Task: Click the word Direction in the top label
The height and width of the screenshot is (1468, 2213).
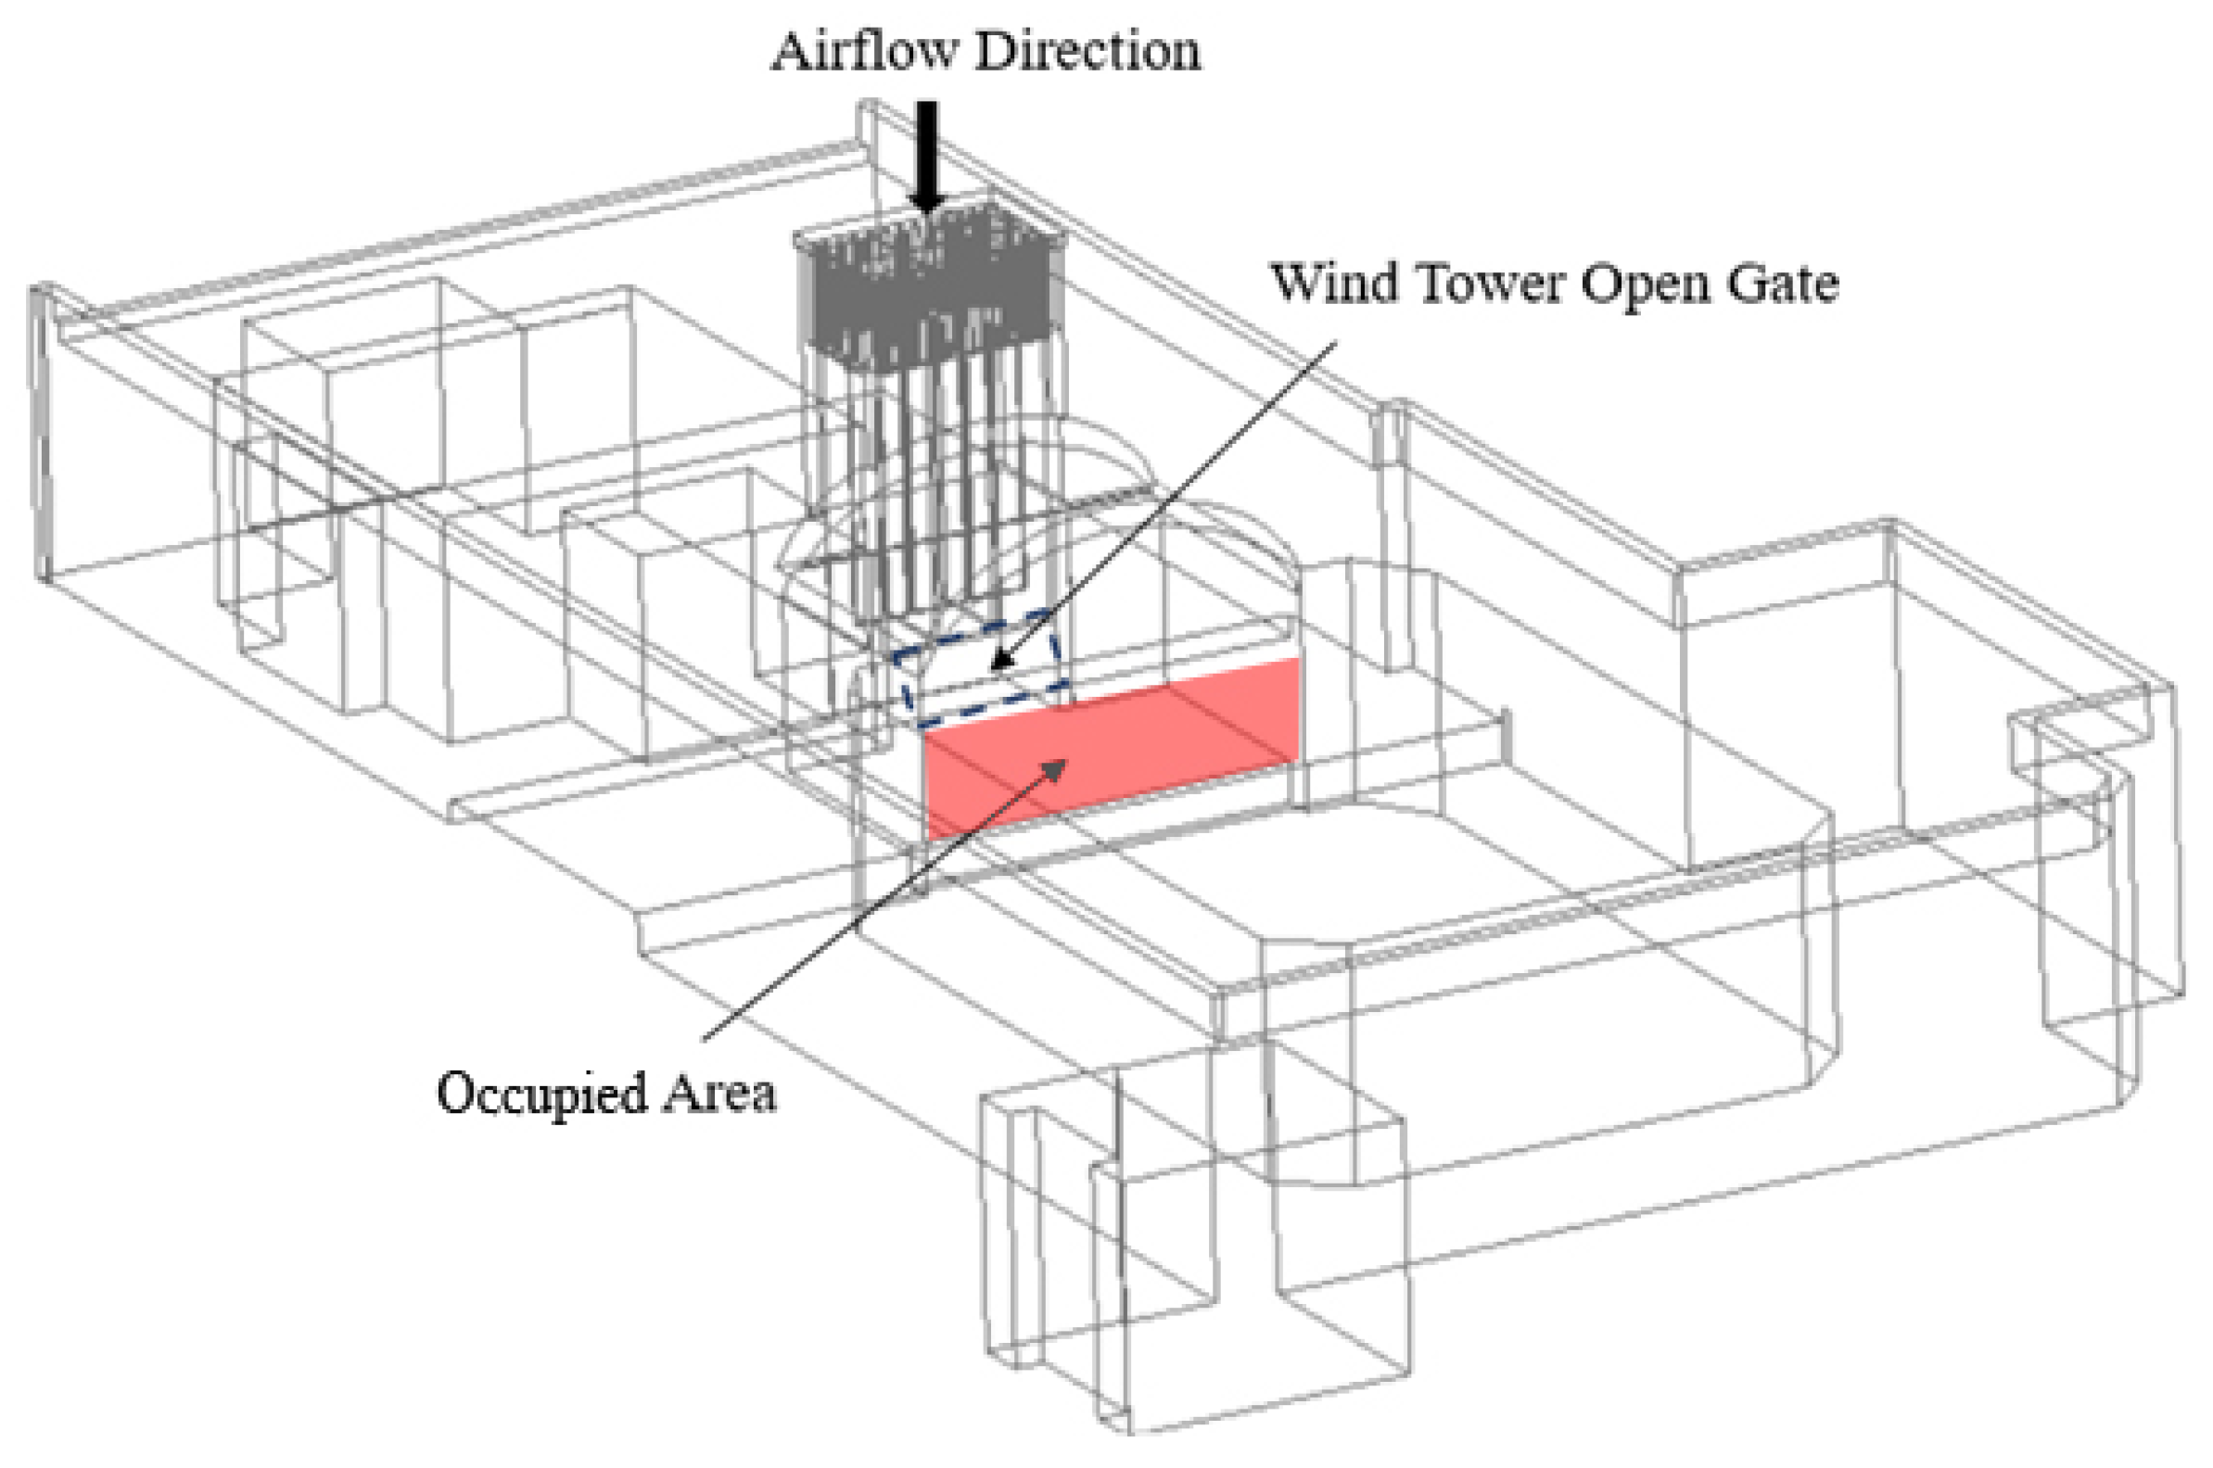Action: click(1087, 52)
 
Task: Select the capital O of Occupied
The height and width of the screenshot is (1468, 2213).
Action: click(455, 1092)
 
